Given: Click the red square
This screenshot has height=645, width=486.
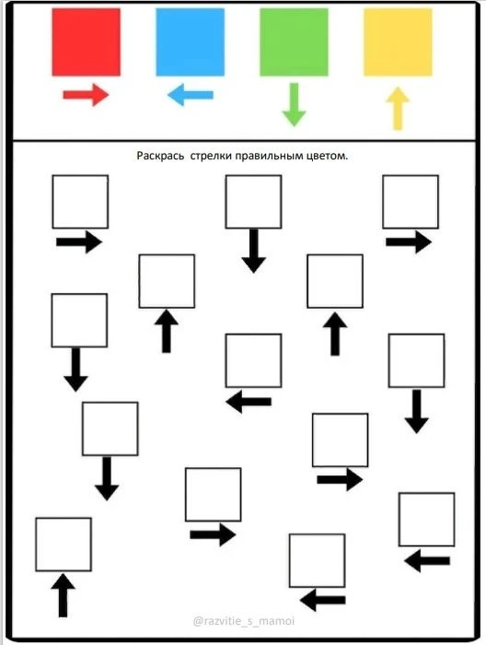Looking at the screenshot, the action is tap(87, 42).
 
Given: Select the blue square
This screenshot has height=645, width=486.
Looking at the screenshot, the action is tap(191, 42).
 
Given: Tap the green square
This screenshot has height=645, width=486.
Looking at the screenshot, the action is tap(295, 42).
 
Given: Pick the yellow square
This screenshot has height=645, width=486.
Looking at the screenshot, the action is tap(398, 42).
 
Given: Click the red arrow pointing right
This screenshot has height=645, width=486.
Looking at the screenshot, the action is tap(86, 95).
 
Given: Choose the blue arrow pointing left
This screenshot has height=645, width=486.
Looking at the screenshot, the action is tap(191, 95).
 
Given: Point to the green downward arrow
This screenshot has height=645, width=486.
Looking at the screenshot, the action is tap(295, 105).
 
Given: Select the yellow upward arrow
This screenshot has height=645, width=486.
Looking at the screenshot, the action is tap(398, 109).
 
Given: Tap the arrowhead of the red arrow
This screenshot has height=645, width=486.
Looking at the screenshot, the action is tap(100, 95).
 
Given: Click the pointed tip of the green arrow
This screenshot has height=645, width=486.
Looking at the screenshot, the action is tap(295, 126).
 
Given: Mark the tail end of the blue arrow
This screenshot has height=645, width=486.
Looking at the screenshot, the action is tap(213, 95).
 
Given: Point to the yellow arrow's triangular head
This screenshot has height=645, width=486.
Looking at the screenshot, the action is tap(398, 95).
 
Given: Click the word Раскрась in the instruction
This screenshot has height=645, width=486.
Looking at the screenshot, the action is tap(160, 156).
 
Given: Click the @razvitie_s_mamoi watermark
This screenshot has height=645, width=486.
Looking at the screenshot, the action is tap(244, 621).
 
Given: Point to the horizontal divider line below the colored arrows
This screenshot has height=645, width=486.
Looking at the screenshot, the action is tap(245, 141).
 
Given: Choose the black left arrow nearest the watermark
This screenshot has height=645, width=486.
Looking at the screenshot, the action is tap(323, 600).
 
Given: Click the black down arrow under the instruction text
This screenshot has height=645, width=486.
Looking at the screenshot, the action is tap(253, 251).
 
